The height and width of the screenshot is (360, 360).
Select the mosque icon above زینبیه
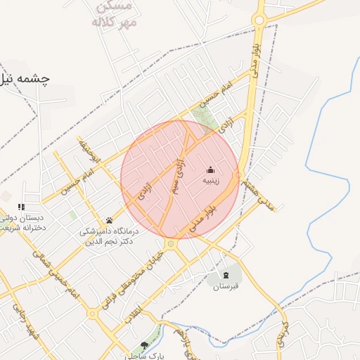tap(210, 169)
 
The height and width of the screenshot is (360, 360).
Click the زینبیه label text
tap(211, 181)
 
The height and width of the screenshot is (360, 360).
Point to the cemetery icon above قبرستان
tap(226, 275)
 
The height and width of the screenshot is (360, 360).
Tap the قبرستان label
tap(226, 286)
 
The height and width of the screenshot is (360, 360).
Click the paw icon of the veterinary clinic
tap(109, 219)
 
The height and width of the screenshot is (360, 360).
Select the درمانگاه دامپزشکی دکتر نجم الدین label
tap(109, 236)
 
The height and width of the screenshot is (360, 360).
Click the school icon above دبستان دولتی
tap(21, 207)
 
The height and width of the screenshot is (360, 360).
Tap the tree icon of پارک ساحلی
tap(144, 345)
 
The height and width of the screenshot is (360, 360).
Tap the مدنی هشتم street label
tap(255, 193)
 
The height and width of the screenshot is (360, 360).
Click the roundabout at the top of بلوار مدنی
tap(259, 20)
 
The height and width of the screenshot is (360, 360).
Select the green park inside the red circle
tap(205, 120)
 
